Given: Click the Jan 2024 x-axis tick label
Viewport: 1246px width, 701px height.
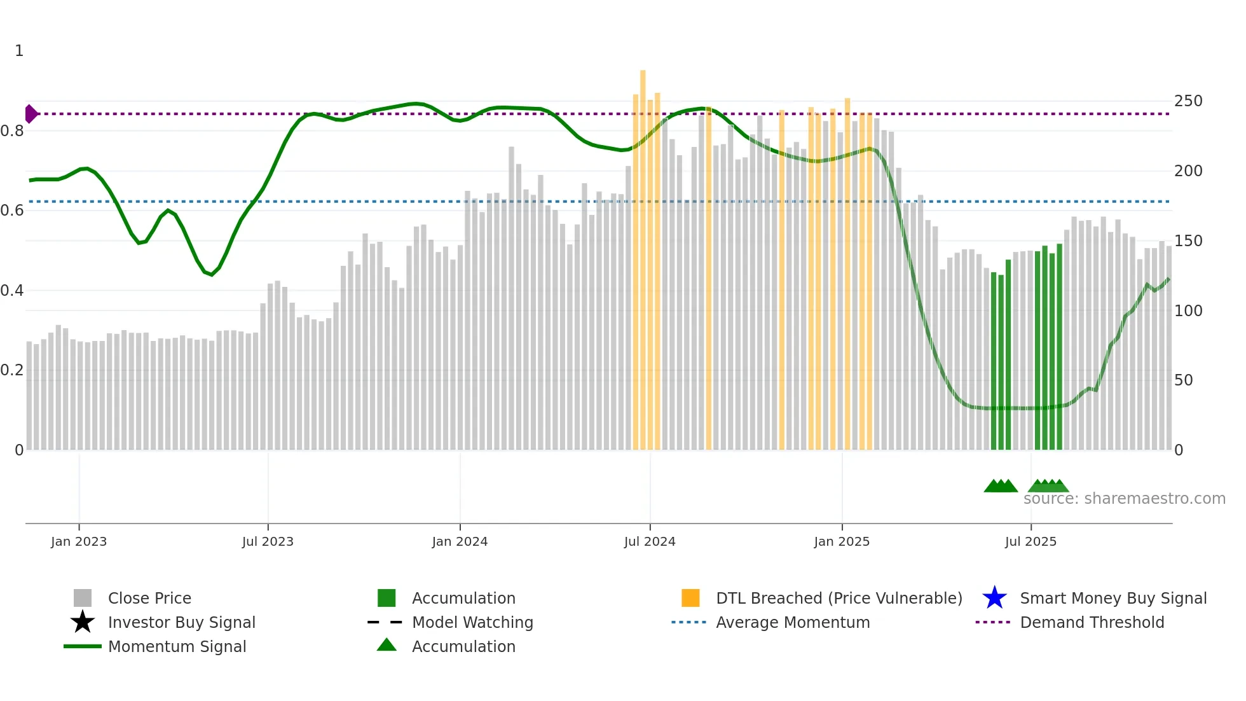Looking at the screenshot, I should pyautogui.click(x=460, y=541).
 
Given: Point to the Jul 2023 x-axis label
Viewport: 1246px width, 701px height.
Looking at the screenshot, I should pyautogui.click(x=268, y=541).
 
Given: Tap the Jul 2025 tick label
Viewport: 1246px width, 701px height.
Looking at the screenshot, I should pyautogui.click(x=1030, y=541).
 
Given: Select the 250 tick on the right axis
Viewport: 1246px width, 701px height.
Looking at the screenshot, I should pyautogui.click(x=1188, y=101).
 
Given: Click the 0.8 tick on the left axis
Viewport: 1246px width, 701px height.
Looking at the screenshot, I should pyautogui.click(x=12, y=131).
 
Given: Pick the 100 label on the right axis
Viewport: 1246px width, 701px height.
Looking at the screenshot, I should pyautogui.click(x=1188, y=311).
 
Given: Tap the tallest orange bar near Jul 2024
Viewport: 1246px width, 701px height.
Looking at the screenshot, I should pyautogui.click(x=643, y=254).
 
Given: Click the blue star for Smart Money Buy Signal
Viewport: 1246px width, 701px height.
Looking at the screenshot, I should pyautogui.click(x=994, y=598).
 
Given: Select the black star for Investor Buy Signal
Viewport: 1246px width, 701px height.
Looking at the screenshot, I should pyautogui.click(x=83, y=622).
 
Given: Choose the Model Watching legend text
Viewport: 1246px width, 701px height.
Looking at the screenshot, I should pyautogui.click(x=472, y=622).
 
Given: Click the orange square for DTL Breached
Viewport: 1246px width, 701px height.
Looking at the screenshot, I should pyautogui.click(x=690, y=598).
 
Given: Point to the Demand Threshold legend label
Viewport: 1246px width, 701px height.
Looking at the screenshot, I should pyautogui.click(x=1092, y=622).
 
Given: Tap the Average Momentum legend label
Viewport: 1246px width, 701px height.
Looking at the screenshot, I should pyautogui.click(x=793, y=622).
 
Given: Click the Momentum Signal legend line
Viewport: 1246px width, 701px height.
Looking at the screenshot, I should pyautogui.click(x=83, y=646).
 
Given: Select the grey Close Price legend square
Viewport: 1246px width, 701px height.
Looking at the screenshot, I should pyautogui.click(x=83, y=598).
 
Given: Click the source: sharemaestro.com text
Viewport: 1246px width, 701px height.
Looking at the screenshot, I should pyautogui.click(x=1124, y=499).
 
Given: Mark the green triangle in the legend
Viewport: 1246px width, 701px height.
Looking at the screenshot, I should pyautogui.click(x=387, y=646).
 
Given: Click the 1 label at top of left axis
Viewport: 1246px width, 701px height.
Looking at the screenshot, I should pyautogui.click(x=19, y=51).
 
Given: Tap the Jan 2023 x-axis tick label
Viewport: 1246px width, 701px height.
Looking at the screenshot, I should pyautogui.click(x=79, y=541).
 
